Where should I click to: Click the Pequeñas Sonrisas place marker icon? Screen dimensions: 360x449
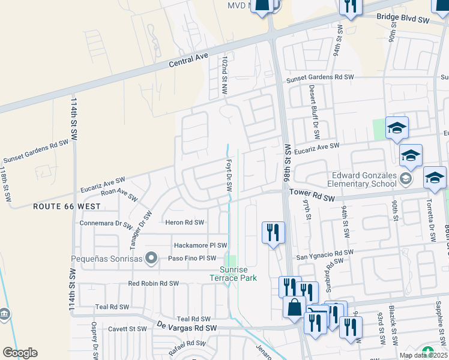click(151, 259)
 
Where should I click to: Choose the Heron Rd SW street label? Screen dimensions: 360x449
click(185, 222)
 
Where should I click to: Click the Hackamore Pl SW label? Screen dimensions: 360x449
click(200, 245)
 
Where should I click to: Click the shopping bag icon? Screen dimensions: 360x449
click(294, 307)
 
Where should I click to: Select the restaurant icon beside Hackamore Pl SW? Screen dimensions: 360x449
click(273, 232)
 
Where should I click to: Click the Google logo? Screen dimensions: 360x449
click(20, 352)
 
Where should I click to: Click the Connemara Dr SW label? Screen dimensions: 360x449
click(106, 223)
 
